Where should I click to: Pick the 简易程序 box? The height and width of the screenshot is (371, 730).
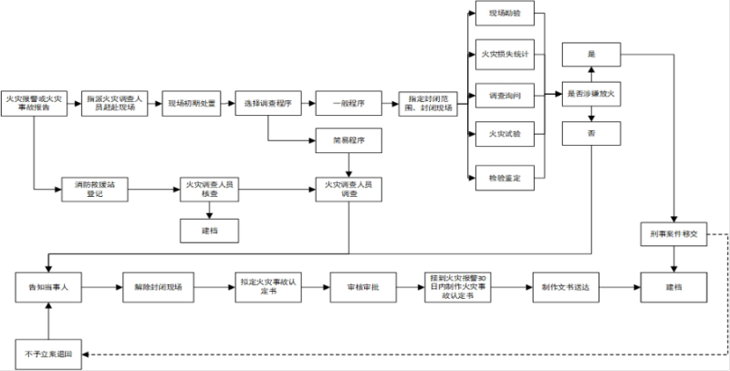pos(348,141)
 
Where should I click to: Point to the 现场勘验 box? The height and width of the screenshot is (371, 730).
pos(505,15)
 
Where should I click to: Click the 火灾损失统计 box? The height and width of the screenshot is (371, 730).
pos(505,54)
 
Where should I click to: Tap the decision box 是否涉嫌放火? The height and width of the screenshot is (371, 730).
pos(592,93)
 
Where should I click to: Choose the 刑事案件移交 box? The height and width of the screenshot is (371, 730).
pos(674,234)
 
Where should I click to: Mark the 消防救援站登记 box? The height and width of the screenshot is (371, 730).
pos(93,191)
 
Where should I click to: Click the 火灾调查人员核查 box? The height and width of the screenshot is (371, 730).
pos(209,191)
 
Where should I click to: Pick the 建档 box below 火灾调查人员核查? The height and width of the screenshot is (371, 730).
pos(209,230)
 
